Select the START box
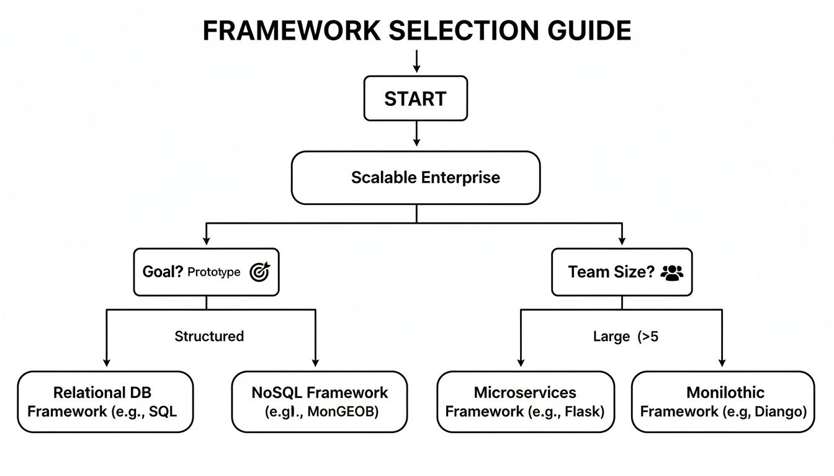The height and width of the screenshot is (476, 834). coord(415,99)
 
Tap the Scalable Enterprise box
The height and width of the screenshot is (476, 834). coord(416,178)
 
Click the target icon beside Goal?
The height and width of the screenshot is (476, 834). coord(259,272)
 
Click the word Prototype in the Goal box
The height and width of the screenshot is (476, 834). coord(213,273)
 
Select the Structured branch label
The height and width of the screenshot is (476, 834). coord(209,337)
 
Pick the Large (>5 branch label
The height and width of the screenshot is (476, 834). coord(621,337)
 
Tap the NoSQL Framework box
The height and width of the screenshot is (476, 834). coord(320,402)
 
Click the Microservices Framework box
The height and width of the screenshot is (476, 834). coord(525,402)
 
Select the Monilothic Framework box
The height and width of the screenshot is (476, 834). coord(723,402)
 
